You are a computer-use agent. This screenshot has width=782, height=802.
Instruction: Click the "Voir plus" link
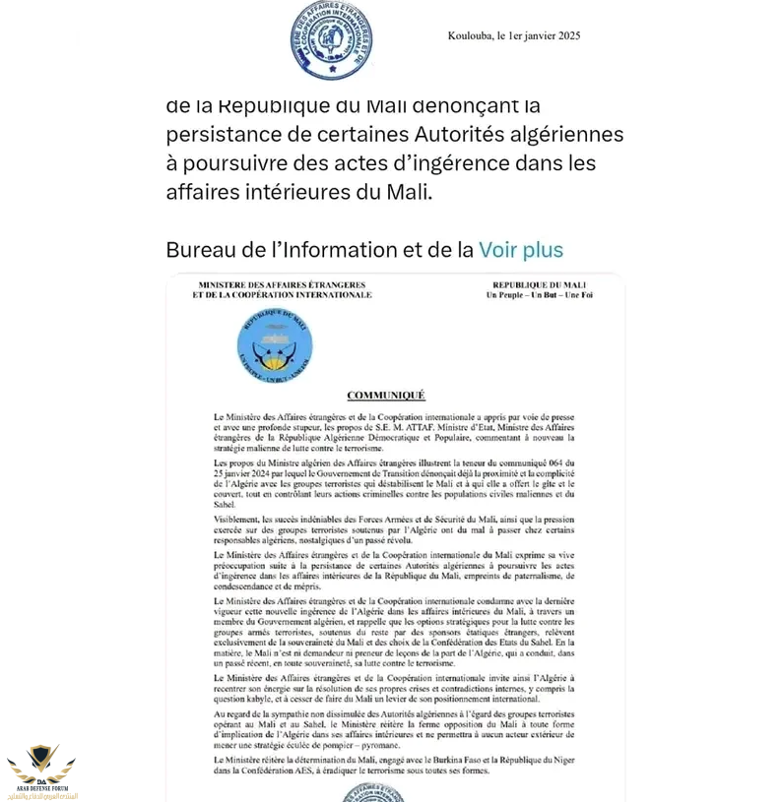point(520,250)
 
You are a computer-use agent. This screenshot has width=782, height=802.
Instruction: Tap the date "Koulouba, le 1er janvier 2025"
point(514,36)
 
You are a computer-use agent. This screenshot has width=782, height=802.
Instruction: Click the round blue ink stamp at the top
point(331,39)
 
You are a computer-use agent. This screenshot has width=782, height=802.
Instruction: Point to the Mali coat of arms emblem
point(275,343)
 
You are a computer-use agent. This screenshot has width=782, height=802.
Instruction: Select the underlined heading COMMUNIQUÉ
point(386,395)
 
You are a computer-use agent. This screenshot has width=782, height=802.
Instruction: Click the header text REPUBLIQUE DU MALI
point(539,284)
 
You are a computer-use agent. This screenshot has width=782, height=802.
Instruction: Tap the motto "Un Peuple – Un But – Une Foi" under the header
point(539,295)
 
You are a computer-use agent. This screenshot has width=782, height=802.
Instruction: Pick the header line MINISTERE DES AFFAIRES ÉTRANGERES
point(282,284)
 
